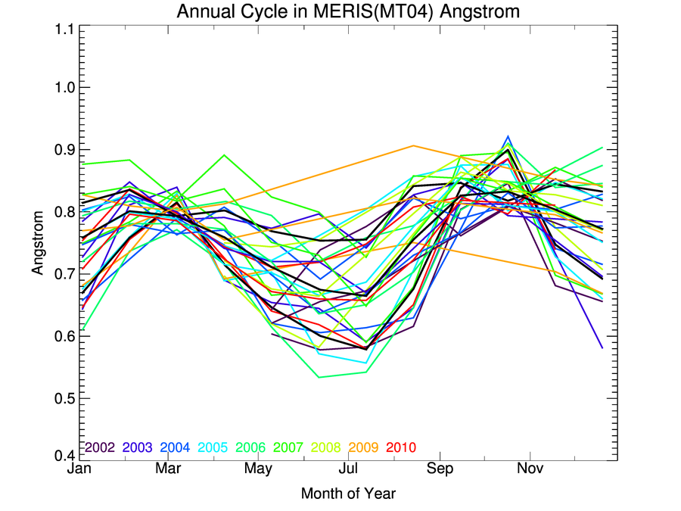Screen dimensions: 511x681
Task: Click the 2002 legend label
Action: (99, 447)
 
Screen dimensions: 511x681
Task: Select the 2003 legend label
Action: (137, 447)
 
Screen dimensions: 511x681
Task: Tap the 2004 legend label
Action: (175, 447)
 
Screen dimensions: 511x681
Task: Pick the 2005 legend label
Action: (213, 447)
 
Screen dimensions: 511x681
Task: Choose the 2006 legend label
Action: (250, 447)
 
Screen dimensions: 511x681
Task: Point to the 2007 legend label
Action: (288, 447)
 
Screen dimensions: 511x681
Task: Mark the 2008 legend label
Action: (326, 447)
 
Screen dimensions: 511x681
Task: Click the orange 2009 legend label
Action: (364, 447)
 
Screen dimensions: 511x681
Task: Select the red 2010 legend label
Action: (401, 447)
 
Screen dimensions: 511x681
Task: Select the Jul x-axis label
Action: (349, 469)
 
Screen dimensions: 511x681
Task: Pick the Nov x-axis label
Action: (530, 469)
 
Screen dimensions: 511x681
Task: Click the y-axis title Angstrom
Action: (39, 242)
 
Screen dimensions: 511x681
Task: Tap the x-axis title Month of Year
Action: (348, 494)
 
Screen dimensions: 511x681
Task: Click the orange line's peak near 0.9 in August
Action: (413, 145)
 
